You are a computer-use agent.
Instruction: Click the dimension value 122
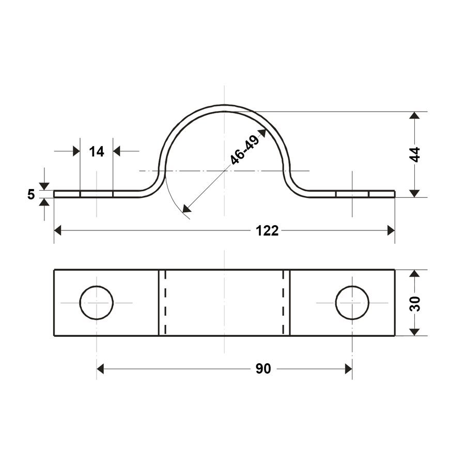pos(267,230)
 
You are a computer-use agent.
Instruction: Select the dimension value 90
pos(263,368)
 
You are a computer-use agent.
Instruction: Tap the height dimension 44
pos(415,154)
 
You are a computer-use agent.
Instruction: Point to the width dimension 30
pos(415,303)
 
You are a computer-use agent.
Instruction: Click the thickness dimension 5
pos(31,194)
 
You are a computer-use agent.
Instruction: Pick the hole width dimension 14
pos(97,151)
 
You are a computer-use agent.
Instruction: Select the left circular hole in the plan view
pos(96,302)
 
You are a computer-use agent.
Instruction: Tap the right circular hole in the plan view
pos(352,302)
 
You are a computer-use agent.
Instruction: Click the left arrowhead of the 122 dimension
pos(58,230)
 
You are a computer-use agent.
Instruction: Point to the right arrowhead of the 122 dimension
pos(391,230)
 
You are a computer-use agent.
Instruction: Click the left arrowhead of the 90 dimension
pos(100,368)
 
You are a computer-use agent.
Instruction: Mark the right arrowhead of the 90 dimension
pos(348,368)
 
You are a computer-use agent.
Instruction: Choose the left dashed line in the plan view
pos(165,302)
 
